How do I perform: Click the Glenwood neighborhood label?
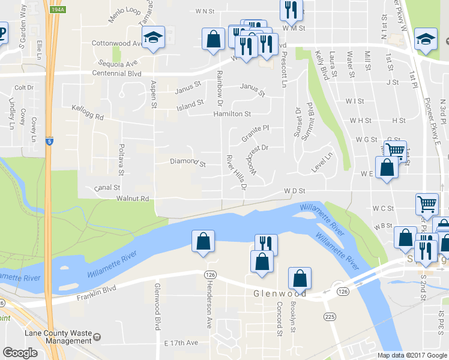click(280, 293)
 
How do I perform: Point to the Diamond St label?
click(188, 163)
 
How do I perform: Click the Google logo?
click(20, 352)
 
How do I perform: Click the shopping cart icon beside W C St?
click(427, 203)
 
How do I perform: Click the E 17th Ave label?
click(181, 343)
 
